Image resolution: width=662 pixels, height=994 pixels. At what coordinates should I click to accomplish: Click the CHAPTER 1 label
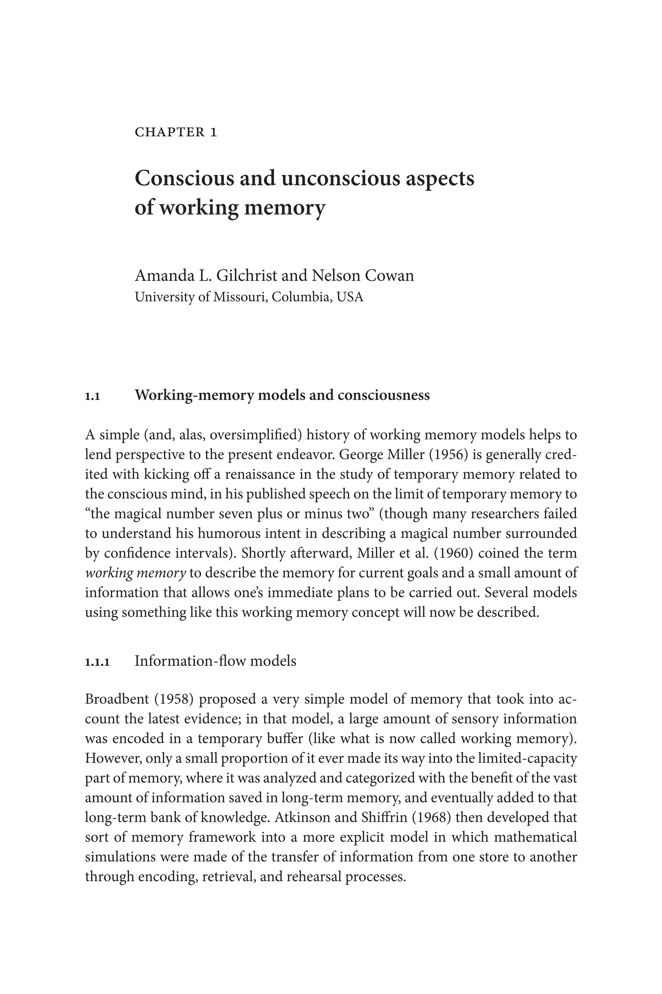pos(176,132)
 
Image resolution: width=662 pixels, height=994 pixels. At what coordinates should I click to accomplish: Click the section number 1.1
pos(92,396)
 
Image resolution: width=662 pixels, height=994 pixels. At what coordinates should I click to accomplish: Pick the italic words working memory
pos(135,573)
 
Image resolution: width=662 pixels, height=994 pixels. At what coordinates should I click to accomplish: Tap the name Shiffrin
pos(384,817)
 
